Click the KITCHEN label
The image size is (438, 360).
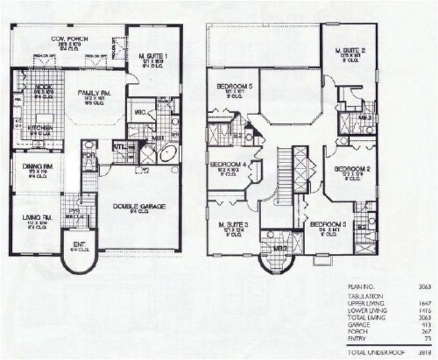pos(39,128)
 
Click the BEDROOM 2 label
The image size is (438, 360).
pos(352,169)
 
